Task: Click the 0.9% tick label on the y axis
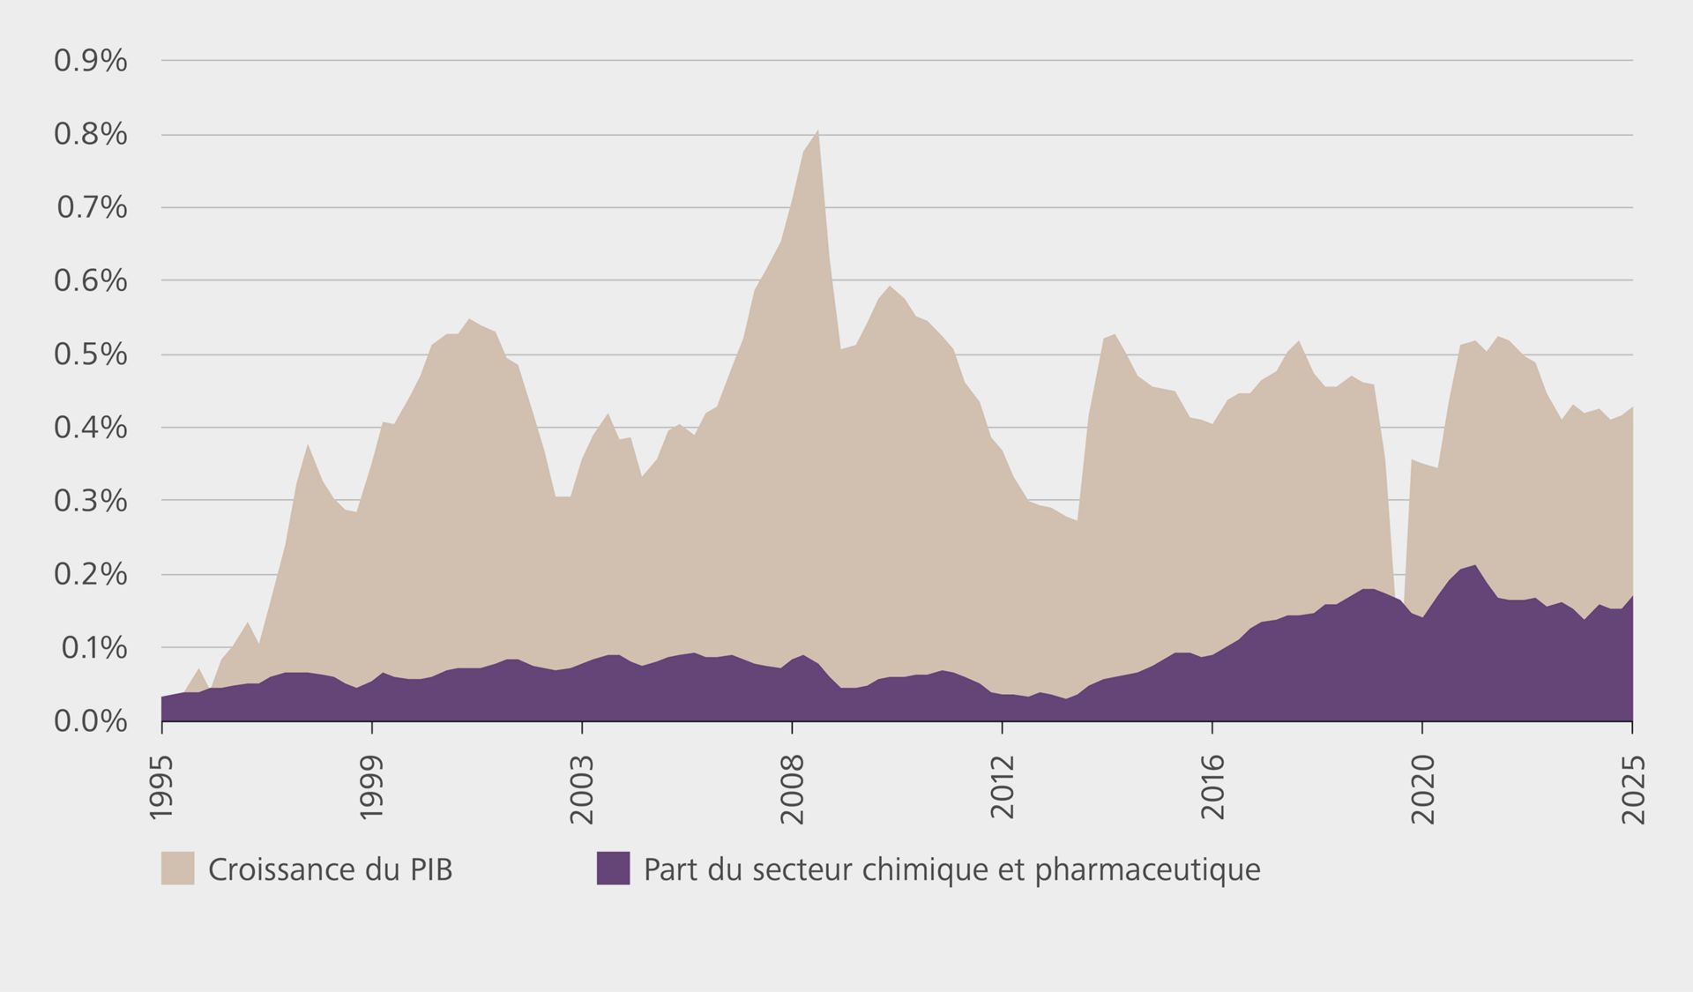[x=91, y=61]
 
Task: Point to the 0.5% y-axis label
[x=91, y=354]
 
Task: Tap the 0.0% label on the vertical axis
[x=91, y=721]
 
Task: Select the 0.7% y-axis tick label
[x=92, y=208]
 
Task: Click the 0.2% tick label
[x=91, y=574]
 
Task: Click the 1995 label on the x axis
[x=161, y=787]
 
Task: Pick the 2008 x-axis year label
[x=793, y=789]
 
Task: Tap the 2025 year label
[x=1634, y=789]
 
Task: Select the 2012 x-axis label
[x=1003, y=789]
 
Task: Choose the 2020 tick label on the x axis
[x=1423, y=789]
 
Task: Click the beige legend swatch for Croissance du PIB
[x=177, y=869]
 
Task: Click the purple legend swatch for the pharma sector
[x=613, y=869]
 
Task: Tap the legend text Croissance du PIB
[x=331, y=869]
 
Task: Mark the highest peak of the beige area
[x=818, y=131]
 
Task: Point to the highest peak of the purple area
[x=1475, y=565]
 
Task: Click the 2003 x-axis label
[x=582, y=789]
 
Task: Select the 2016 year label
[x=1213, y=789]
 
